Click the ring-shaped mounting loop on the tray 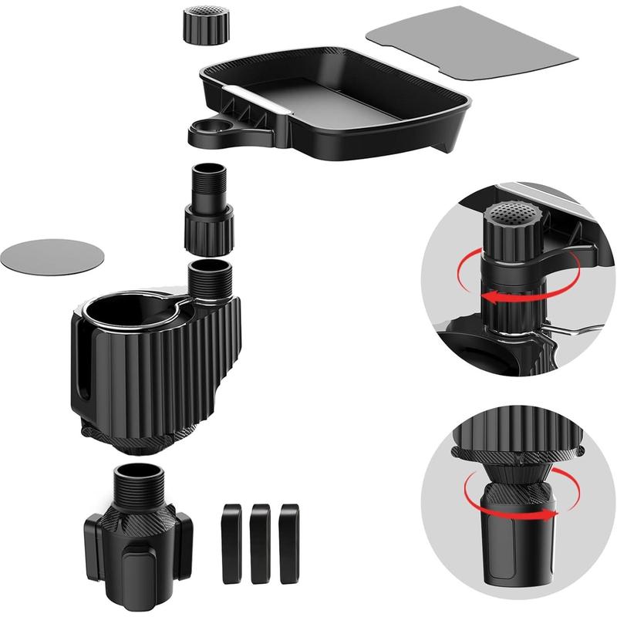click(209, 130)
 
